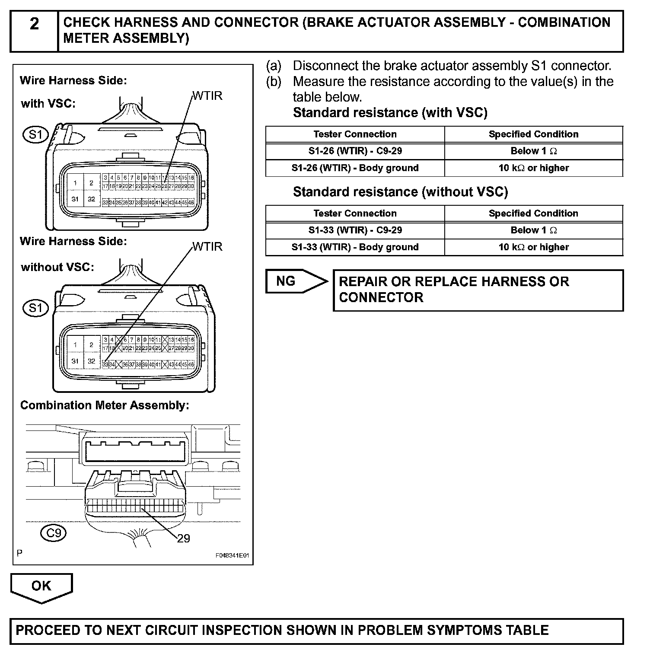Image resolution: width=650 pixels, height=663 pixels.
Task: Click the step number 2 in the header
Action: pyautogui.click(x=34, y=24)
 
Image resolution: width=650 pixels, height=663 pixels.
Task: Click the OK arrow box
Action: pyautogui.click(x=41, y=586)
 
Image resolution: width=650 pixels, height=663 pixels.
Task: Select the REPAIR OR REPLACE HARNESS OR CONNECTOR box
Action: pyautogui.click(x=478, y=290)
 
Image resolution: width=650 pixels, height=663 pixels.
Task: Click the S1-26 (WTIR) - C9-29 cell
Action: pyautogui.click(x=355, y=151)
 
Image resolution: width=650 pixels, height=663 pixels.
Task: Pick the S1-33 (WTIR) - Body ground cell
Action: pyautogui.click(x=355, y=247)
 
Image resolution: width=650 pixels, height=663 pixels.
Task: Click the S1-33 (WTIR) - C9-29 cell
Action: pyautogui.click(x=355, y=230)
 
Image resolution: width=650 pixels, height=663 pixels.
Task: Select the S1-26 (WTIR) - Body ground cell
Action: pyautogui.click(x=355, y=168)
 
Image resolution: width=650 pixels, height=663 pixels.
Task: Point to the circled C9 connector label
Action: pyautogui.click(x=54, y=533)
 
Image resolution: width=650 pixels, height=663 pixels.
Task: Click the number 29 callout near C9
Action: pyautogui.click(x=183, y=538)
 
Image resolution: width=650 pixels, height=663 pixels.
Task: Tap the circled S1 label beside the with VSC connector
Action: pyautogui.click(x=35, y=135)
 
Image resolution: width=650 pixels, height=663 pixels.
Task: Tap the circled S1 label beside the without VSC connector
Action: pyautogui.click(x=35, y=308)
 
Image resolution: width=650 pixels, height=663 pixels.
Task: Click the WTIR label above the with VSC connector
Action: pyautogui.click(x=207, y=96)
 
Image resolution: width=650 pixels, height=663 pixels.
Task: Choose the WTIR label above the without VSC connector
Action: pyautogui.click(x=207, y=247)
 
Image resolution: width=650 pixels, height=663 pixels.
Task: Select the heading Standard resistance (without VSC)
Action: pyautogui.click(x=400, y=192)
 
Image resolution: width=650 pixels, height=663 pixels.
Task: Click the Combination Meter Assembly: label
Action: pyautogui.click(x=105, y=405)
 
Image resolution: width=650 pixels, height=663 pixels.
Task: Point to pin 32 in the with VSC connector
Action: pyautogui.click(x=91, y=199)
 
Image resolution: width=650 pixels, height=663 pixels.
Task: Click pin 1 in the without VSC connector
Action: pyautogui.click(x=75, y=345)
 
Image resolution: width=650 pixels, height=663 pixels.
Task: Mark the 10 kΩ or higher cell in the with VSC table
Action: pyautogui.click(x=533, y=168)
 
